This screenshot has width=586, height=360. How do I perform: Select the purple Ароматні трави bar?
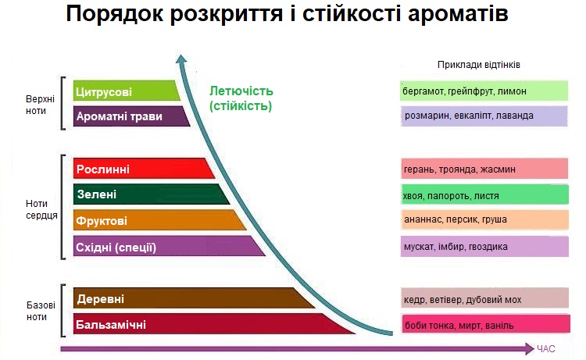[130, 116]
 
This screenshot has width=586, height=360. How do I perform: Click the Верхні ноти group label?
[40, 105]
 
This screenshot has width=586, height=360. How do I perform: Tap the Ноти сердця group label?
[41, 209]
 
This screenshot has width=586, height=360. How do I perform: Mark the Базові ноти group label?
[41, 311]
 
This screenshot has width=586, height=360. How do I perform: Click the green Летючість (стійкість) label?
[241, 98]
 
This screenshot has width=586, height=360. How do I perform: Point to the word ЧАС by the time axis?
[546, 349]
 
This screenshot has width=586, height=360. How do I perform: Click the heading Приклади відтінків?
[479, 65]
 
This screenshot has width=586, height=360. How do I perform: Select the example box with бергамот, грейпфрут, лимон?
[484, 91]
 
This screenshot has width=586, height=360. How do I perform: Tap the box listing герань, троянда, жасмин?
[484, 169]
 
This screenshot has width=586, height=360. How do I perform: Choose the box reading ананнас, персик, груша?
[484, 219]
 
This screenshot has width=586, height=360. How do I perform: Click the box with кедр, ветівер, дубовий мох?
[484, 298]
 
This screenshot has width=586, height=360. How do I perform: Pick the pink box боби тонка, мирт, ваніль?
[486, 324]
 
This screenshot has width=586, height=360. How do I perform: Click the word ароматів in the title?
[458, 14]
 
